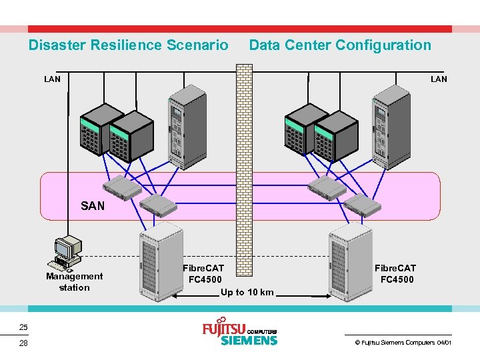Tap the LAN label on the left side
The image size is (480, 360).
tap(52, 79)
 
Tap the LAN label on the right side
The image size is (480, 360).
tap(439, 79)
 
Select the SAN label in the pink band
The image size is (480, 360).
tap(93, 206)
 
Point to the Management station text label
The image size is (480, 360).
tap(75, 282)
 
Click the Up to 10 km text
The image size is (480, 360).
tap(247, 292)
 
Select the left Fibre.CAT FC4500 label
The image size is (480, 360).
tap(203, 273)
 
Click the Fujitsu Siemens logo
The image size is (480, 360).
tap(239, 333)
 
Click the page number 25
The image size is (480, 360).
tap(23, 327)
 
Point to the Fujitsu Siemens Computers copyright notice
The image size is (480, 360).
tap(403, 342)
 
